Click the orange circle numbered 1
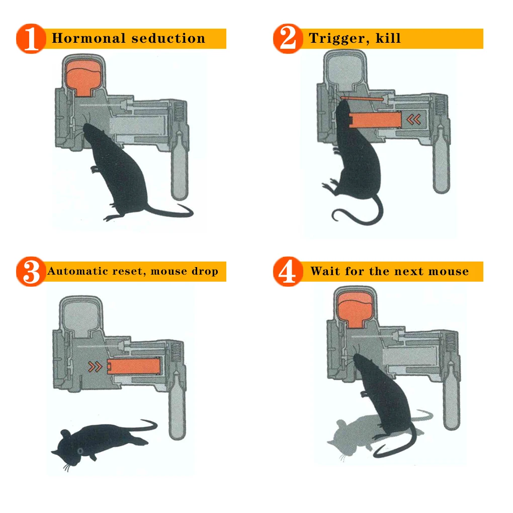click(31, 39)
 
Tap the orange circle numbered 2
click(288, 39)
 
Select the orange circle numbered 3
click(31, 272)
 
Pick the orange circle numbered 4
click(288, 272)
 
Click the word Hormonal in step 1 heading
click(89, 38)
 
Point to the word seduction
click(168, 38)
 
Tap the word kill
click(388, 38)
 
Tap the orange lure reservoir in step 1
click(83, 78)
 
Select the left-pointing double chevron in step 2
click(413, 120)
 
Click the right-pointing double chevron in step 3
click(95, 367)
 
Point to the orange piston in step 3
click(133, 366)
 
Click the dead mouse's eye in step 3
click(80, 451)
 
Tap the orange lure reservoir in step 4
click(355, 310)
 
